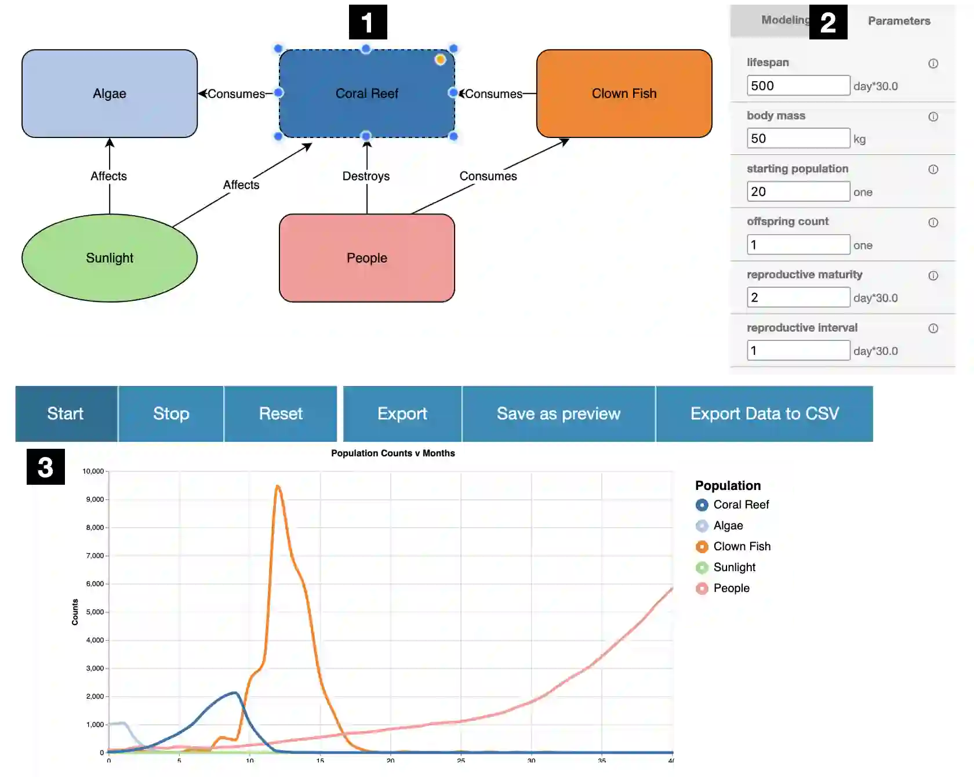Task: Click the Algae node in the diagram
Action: (x=110, y=93)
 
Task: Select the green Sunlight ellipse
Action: (x=110, y=258)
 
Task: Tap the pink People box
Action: (x=366, y=258)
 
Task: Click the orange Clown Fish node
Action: (x=624, y=93)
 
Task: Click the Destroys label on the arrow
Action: (x=366, y=176)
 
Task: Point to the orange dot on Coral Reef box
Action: (x=441, y=60)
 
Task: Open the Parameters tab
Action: (x=899, y=21)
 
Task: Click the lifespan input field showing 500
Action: (x=798, y=86)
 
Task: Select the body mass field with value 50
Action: (x=798, y=139)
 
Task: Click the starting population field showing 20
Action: (x=798, y=191)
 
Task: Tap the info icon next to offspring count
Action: (x=933, y=223)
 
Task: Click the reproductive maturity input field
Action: (x=798, y=297)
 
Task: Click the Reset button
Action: (x=281, y=413)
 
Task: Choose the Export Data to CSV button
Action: (x=764, y=413)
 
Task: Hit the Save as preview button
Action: (x=558, y=413)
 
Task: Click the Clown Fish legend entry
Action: (x=742, y=546)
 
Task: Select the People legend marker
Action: (x=702, y=589)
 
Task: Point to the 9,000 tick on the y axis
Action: (x=95, y=499)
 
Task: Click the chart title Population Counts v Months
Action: (x=392, y=453)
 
